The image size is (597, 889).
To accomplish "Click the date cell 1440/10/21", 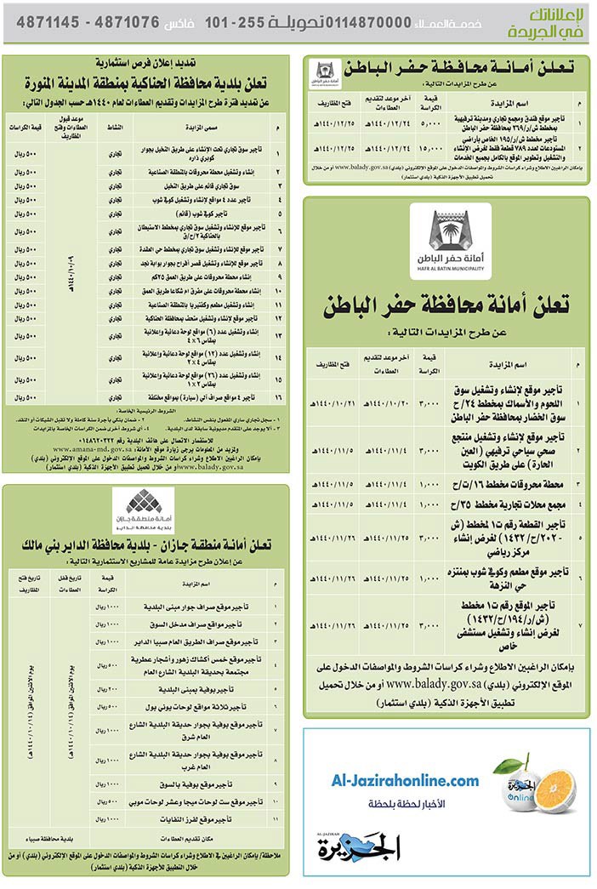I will (x=332, y=402).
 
